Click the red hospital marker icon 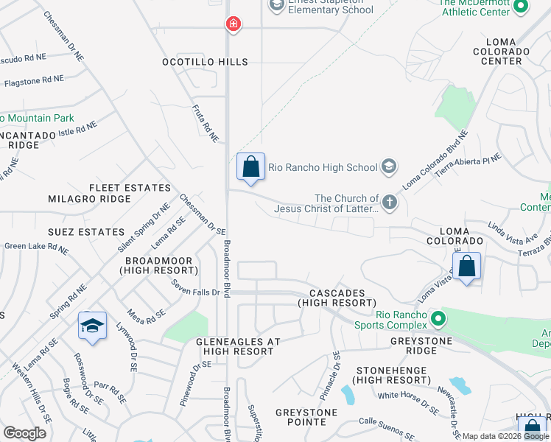234,24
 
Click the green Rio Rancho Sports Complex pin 438,320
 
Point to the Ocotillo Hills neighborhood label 206,62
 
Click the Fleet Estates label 130,188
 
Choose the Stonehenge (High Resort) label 392,374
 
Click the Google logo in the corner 24,433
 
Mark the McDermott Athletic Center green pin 521,7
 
